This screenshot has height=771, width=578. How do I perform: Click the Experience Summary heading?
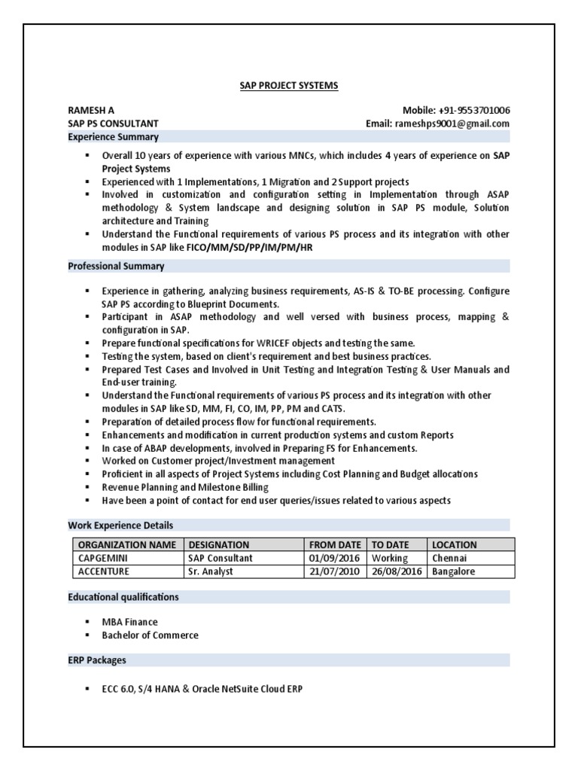pos(113,137)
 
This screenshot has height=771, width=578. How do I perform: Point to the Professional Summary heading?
pos(116,267)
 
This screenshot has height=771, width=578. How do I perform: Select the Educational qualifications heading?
pos(123,596)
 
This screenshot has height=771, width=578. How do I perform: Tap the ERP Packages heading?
pos(97,660)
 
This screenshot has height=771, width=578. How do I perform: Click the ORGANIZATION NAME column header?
pos(127,544)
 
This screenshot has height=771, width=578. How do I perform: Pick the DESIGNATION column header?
pos(219,544)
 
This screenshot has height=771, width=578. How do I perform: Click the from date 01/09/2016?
pos(334,558)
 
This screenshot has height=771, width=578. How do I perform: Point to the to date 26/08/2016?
pos(397,571)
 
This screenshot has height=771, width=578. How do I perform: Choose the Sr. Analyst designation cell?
pos(211,571)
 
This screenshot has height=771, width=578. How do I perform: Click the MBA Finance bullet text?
pos(130,622)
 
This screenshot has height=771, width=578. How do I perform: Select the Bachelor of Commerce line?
pos(150,635)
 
